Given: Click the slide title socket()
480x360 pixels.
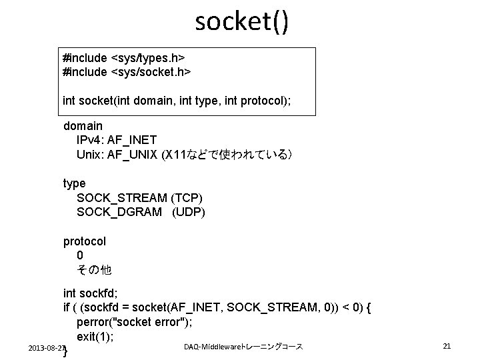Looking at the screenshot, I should (242, 22).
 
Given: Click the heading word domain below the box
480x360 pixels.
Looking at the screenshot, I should (83, 125).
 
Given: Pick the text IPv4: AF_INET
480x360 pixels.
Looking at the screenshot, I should (117, 140).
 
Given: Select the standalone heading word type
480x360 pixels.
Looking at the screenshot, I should (74, 183).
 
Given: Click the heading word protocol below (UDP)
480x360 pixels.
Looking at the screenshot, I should (85, 241).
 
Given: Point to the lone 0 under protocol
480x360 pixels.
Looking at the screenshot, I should (80, 255).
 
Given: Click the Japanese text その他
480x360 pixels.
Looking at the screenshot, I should (94, 270).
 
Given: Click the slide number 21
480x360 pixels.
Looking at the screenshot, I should (447, 346).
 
